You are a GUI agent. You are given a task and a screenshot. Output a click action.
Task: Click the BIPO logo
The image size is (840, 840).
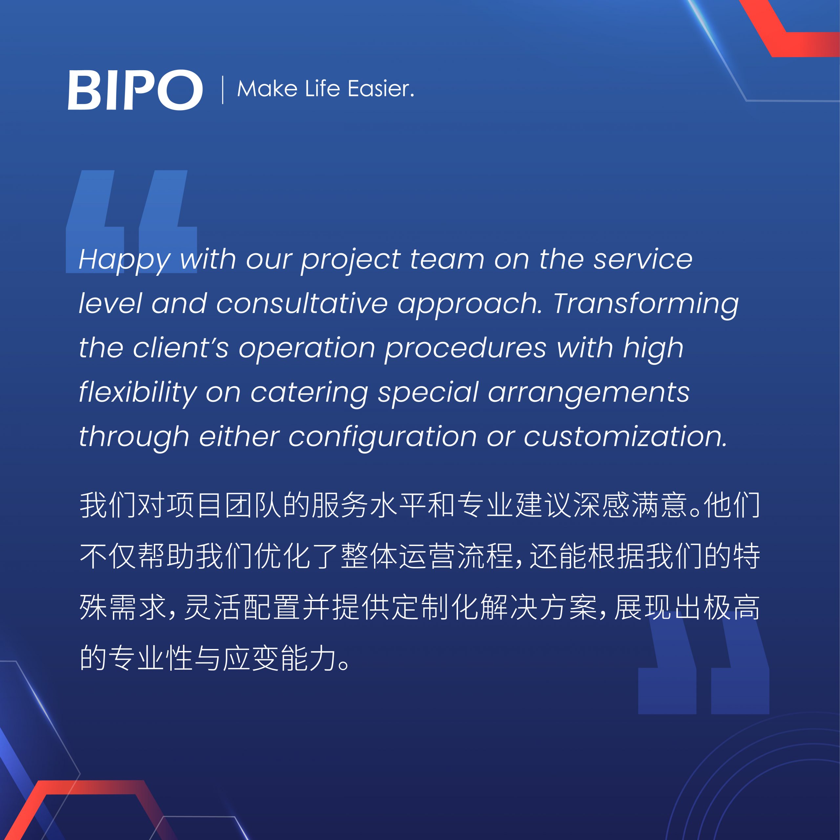[x=135, y=90]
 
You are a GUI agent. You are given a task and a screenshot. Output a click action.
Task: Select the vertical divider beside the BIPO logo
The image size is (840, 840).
[x=222, y=90]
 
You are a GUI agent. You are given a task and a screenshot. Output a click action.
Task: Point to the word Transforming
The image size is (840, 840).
[x=646, y=305]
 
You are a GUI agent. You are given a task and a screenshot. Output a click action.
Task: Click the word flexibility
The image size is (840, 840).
[x=138, y=393]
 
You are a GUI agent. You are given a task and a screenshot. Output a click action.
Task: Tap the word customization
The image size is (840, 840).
[x=625, y=436]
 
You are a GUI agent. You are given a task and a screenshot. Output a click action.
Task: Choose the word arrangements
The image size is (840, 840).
[x=589, y=393]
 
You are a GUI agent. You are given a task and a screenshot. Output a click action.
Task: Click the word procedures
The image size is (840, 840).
[x=465, y=349]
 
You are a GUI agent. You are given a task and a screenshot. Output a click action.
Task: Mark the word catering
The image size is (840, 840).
[x=309, y=393]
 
